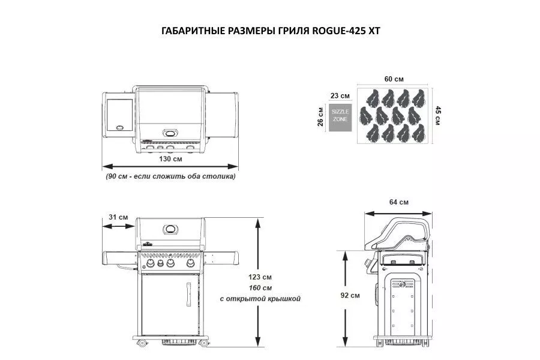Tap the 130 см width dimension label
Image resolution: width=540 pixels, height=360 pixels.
[x=170, y=159]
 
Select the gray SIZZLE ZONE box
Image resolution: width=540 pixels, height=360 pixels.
[x=340, y=118]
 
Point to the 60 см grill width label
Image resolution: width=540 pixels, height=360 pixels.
[x=394, y=79]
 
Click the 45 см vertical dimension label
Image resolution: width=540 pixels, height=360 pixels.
[x=438, y=115]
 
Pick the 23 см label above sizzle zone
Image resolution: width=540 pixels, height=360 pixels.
[x=340, y=96]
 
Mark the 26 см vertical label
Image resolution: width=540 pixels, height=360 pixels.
[x=320, y=117]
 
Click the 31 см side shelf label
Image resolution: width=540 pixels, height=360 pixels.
[x=118, y=217]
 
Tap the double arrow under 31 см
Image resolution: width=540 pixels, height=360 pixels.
[x=118, y=226]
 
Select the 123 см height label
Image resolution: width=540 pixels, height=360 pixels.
[x=260, y=277]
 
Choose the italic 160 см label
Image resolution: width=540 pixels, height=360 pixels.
[x=260, y=287]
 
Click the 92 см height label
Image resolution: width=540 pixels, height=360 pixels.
[x=350, y=296]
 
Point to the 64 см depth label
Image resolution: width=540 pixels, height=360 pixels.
[x=399, y=202]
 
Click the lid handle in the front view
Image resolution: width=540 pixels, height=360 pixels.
[x=170, y=229]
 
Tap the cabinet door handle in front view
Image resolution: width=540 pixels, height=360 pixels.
[x=189, y=295]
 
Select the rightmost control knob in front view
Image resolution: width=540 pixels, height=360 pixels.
[x=190, y=263]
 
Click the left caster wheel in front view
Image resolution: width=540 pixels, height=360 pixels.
[x=142, y=343]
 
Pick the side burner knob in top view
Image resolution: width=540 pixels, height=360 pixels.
[x=120, y=128]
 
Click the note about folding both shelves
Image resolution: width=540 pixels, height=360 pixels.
[x=170, y=176]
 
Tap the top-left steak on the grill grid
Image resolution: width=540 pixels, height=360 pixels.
[x=373, y=98]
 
